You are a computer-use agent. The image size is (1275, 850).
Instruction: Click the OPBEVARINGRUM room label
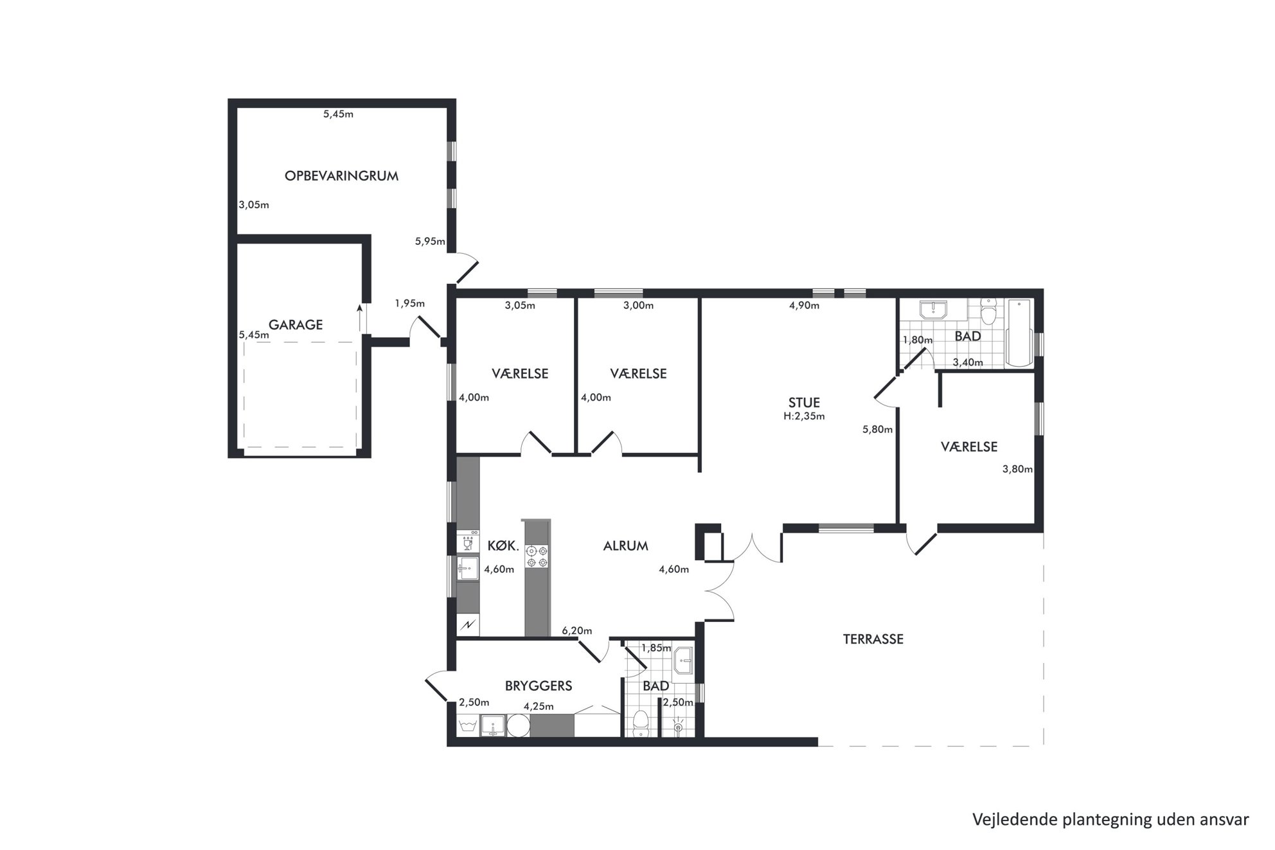tap(341, 175)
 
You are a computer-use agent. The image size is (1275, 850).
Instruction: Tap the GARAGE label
tap(296, 325)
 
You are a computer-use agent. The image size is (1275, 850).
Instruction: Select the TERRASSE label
tap(873, 639)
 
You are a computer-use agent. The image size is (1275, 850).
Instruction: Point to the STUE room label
tap(804, 403)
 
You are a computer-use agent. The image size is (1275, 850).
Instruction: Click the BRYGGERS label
tap(539, 686)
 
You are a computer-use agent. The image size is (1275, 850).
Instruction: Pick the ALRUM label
tap(625, 545)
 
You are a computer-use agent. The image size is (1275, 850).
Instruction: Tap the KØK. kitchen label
tap(503, 545)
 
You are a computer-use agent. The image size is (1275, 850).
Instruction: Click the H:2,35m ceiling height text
tap(804, 416)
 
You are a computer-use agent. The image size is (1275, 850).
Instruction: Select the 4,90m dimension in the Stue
tap(804, 306)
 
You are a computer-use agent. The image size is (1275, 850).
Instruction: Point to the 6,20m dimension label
tap(577, 631)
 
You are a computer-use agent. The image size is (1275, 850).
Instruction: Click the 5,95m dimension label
tap(430, 242)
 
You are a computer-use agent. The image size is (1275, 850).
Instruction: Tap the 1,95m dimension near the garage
tap(410, 303)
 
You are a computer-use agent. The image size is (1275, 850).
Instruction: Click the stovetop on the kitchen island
tap(537, 556)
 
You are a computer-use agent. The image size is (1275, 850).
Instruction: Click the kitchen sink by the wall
tap(468, 568)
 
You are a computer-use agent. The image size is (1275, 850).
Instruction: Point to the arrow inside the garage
tap(359, 319)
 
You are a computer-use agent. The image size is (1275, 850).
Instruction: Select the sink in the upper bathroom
tap(932, 310)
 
